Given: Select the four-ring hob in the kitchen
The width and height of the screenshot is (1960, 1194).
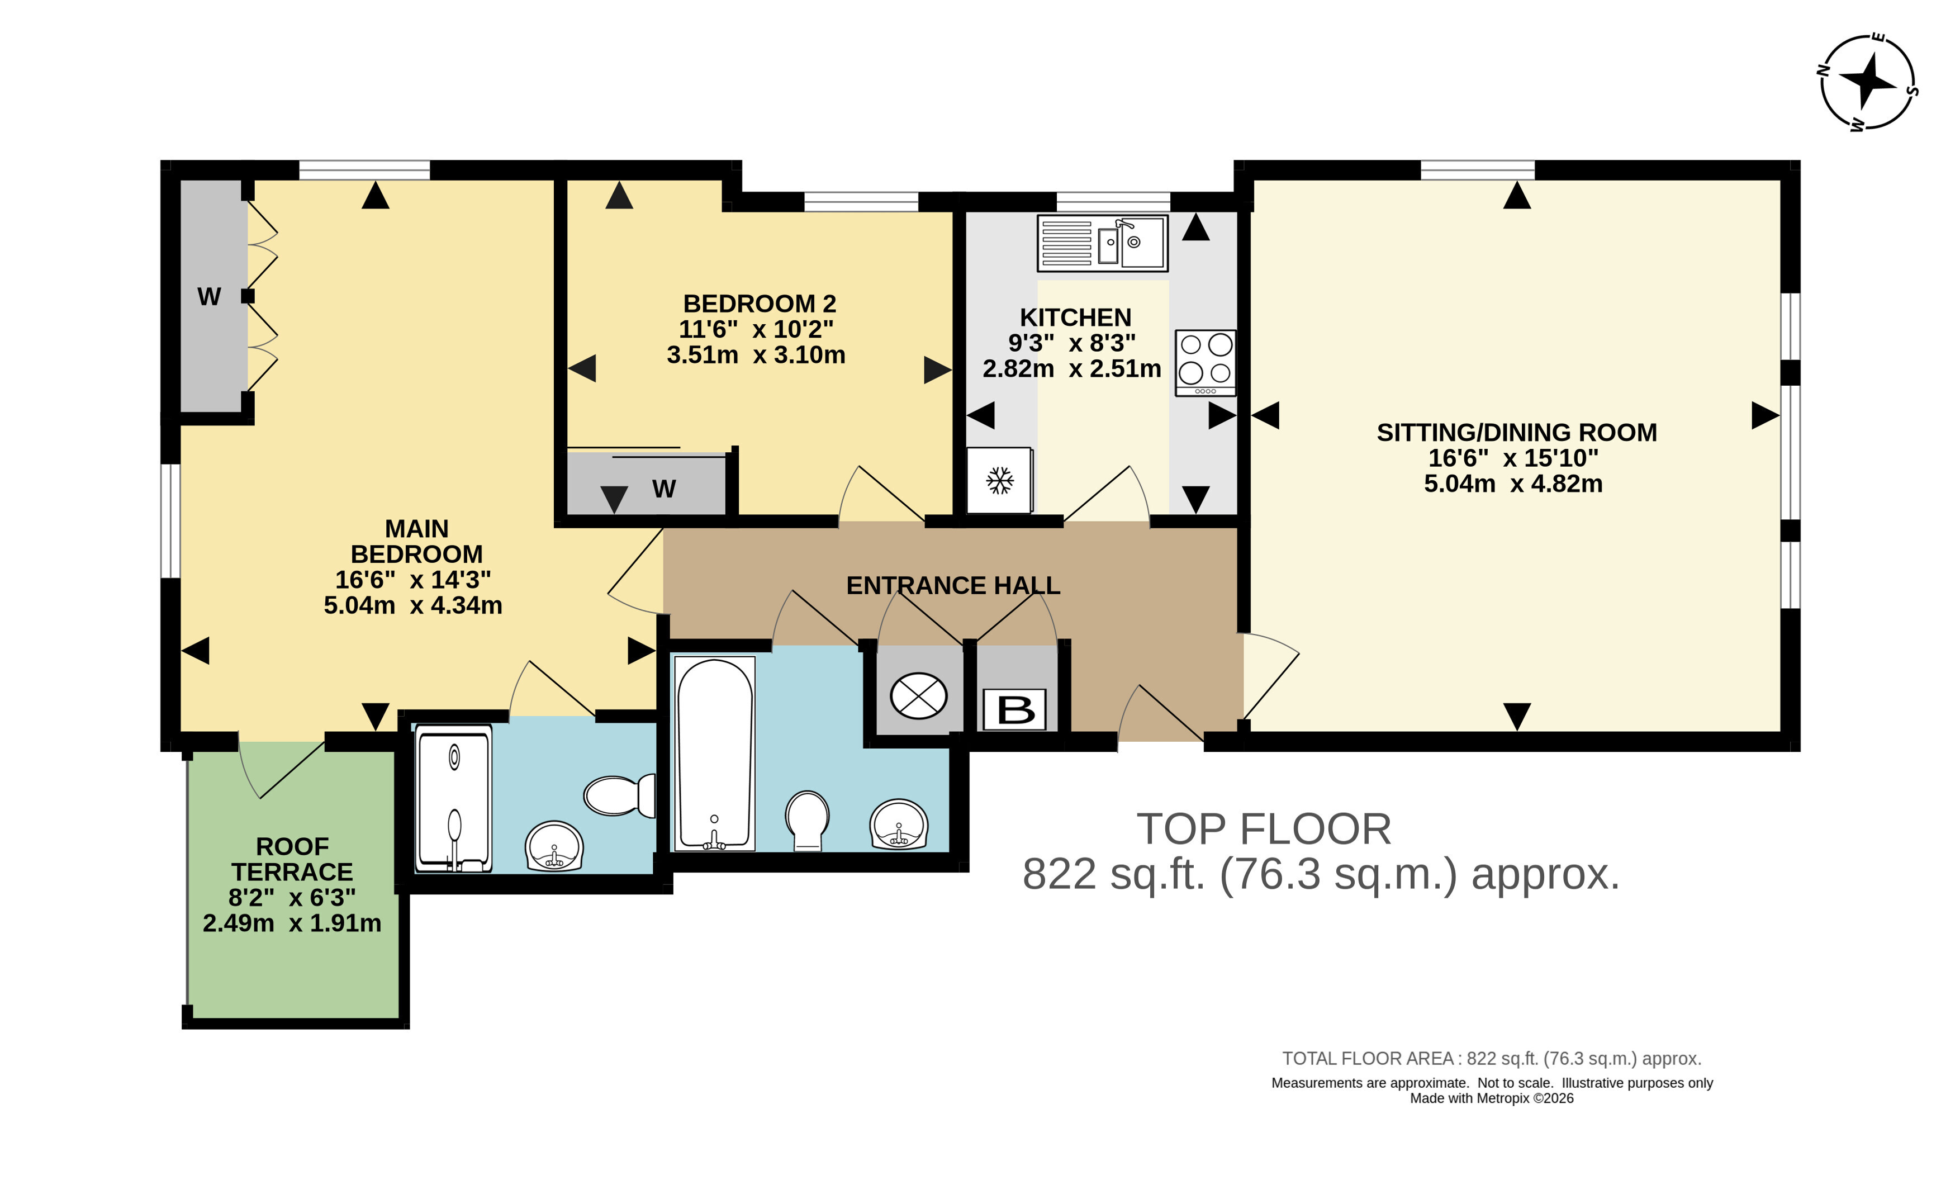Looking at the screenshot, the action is pyautogui.click(x=1205, y=363).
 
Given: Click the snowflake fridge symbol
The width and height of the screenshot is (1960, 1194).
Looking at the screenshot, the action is pyautogui.click(x=1000, y=481).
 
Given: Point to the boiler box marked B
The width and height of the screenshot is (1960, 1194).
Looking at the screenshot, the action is pyautogui.click(x=1015, y=709).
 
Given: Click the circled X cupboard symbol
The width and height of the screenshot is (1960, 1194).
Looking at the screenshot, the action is pyautogui.click(x=919, y=696).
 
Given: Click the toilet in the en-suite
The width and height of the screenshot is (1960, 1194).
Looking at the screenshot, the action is pyautogui.click(x=619, y=795).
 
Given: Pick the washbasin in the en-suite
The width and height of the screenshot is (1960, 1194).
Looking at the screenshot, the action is pyautogui.click(x=554, y=846).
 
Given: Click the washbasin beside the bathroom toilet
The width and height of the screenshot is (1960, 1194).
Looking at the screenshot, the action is pyautogui.click(x=899, y=825).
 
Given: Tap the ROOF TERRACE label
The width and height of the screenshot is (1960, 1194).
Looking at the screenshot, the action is pyautogui.click(x=292, y=859).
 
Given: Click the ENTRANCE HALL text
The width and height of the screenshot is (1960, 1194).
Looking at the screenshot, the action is pyautogui.click(x=953, y=585).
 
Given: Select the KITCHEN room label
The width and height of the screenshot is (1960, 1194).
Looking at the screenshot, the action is pyautogui.click(x=1075, y=318).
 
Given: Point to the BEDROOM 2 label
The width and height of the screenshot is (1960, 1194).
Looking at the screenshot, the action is pyautogui.click(x=760, y=304).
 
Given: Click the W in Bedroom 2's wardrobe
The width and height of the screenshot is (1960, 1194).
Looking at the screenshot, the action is pyautogui.click(x=664, y=489).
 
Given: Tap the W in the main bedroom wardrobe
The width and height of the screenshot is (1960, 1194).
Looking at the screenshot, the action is pyautogui.click(x=209, y=297).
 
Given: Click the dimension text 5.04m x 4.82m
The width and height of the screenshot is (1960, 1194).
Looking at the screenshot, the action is pyautogui.click(x=1513, y=484).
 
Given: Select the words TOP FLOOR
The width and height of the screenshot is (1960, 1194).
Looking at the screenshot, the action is pyautogui.click(x=1264, y=829).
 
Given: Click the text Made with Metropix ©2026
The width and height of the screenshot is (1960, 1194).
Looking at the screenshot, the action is pyautogui.click(x=1492, y=1098).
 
